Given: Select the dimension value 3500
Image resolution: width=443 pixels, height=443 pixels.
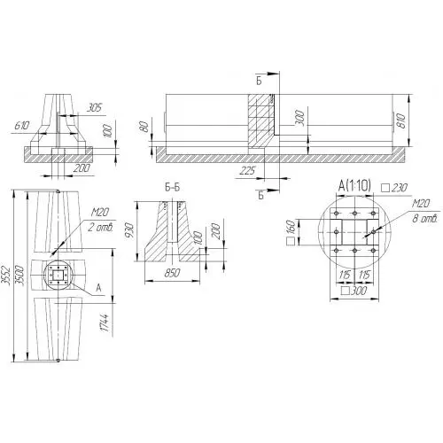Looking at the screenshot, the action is pyautogui.click(x=19, y=276).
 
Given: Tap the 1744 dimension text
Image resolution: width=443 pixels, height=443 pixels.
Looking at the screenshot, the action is pyautogui.click(x=105, y=323).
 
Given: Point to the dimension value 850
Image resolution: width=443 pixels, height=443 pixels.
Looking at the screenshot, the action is pyautogui.click(x=172, y=273).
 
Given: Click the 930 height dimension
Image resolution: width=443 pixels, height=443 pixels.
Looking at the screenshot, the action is pyautogui.click(x=130, y=230).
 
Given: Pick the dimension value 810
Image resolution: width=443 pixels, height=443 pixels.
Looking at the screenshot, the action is pyautogui.click(x=401, y=120).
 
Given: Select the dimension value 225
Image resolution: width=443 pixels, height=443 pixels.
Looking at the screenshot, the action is pyautogui.click(x=247, y=171).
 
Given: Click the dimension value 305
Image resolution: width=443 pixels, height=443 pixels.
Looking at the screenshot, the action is pyautogui.click(x=94, y=107).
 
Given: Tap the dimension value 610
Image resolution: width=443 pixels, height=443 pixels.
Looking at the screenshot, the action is pyautogui.click(x=22, y=126).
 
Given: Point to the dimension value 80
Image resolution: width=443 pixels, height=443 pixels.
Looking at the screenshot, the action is pyautogui.click(x=144, y=127).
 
